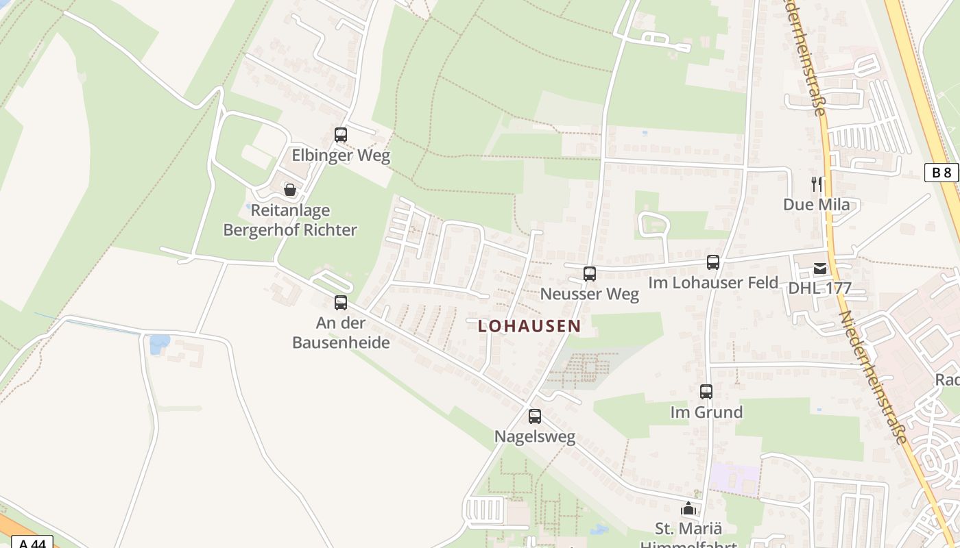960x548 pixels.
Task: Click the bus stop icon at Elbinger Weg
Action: (x=341, y=135)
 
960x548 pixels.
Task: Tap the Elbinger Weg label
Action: (x=341, y=155)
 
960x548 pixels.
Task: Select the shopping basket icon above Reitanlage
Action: (x=290, y=190)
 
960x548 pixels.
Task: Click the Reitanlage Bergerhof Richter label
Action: (x=290, y=220)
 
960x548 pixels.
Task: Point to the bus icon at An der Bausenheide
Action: (x=341, y=302)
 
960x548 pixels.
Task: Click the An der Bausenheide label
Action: (x=341, y=332)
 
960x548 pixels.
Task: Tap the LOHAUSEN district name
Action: (x=529, y=326)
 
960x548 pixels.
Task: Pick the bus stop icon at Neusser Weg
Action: (x=589, y=274)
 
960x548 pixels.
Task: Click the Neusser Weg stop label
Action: (x=589, y=295)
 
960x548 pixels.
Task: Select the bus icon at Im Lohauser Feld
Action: (x=713, y=262)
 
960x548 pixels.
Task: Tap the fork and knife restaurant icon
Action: (x=817, y=184)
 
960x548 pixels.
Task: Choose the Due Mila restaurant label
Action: (x=816, y=204)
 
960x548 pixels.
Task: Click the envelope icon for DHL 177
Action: (x=820, y=269)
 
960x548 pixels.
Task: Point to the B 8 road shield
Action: (x=941, y=173)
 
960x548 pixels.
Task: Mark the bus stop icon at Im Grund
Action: (x=706, y=392)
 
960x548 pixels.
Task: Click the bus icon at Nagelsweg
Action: (x=535, y=416)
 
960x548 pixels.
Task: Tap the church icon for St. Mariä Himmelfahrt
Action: (x=688, y=508)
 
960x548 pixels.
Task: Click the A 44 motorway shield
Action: (x=32, y=543)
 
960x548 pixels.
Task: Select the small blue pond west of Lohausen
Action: (x=159, y=342)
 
